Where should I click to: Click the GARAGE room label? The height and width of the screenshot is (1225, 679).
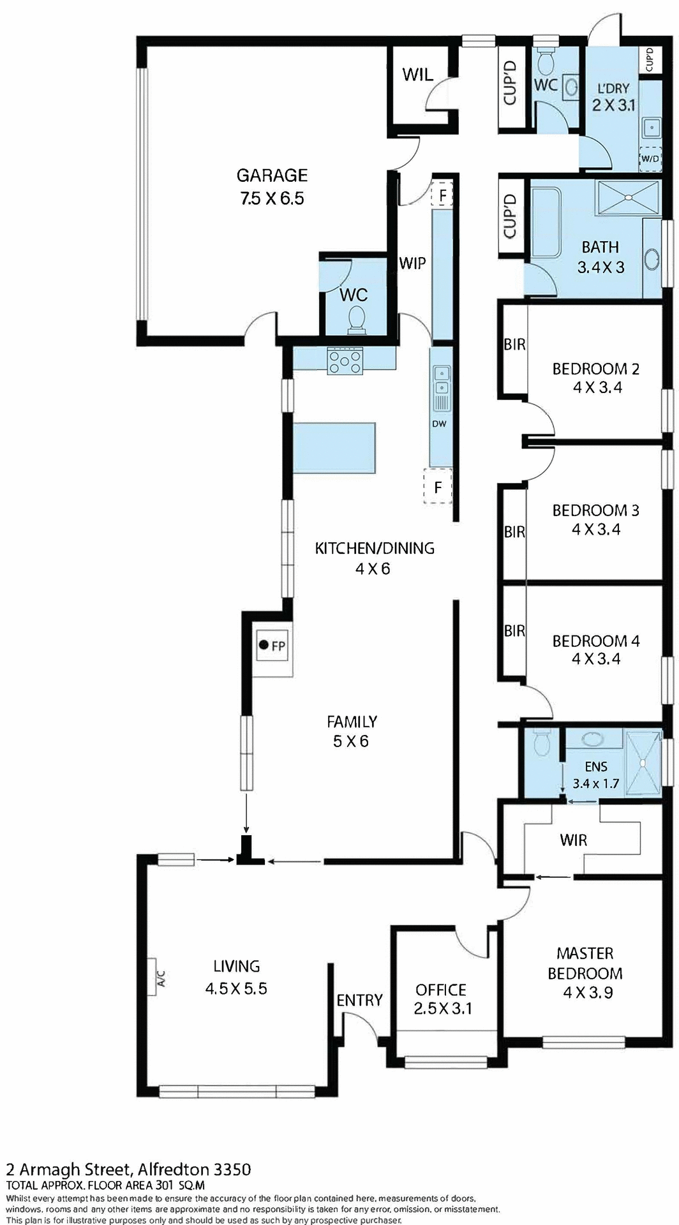coord(272,175)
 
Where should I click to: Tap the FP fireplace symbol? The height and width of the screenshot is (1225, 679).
coord(272,646)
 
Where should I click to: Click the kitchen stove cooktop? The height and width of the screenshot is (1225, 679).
coord(345,361)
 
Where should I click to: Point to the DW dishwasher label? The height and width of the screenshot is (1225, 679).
coord(439,424)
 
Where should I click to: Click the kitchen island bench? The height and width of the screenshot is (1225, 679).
coord(334,447)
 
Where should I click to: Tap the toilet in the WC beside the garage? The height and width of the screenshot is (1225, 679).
coord(356,319)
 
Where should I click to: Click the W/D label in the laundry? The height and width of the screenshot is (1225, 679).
coord(650,158)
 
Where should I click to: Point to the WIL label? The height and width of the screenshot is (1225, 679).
coord(417,75)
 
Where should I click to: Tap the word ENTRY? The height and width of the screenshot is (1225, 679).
coord(359,1000)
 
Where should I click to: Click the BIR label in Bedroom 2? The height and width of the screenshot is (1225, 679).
coord(514,345)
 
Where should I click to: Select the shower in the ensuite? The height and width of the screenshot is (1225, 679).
coord(643,762)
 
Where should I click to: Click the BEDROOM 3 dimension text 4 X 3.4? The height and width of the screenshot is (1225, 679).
coord(596,529)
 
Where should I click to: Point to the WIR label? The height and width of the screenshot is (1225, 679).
coord(573,840)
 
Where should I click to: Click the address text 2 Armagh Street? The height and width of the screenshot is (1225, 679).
coord(68,1169)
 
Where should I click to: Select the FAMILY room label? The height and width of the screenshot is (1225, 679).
coord(352,722)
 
